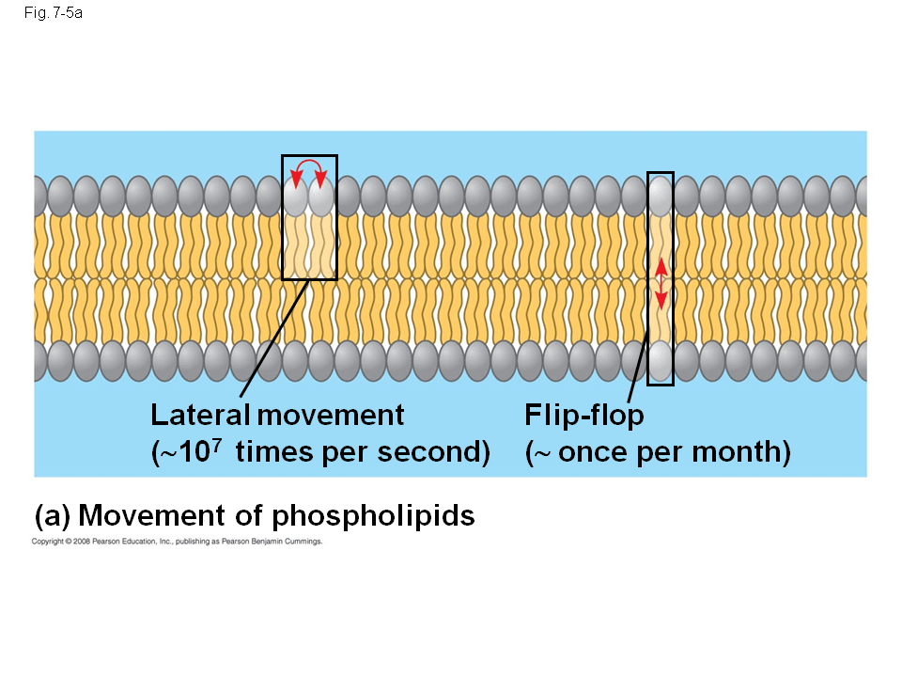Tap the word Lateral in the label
(199, 415)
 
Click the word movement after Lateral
(331, 415)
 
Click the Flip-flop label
(584, 415)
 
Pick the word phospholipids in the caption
(373, 516)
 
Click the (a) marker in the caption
(52, 516)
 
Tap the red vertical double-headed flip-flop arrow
(661, 283)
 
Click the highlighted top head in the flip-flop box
(661, 196)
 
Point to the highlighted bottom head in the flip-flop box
(661, 360)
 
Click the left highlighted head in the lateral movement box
(296, 198)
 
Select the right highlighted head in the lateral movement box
(322, 198)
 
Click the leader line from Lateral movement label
(272, 338)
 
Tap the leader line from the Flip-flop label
(638, 370)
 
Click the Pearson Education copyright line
(178, 542)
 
